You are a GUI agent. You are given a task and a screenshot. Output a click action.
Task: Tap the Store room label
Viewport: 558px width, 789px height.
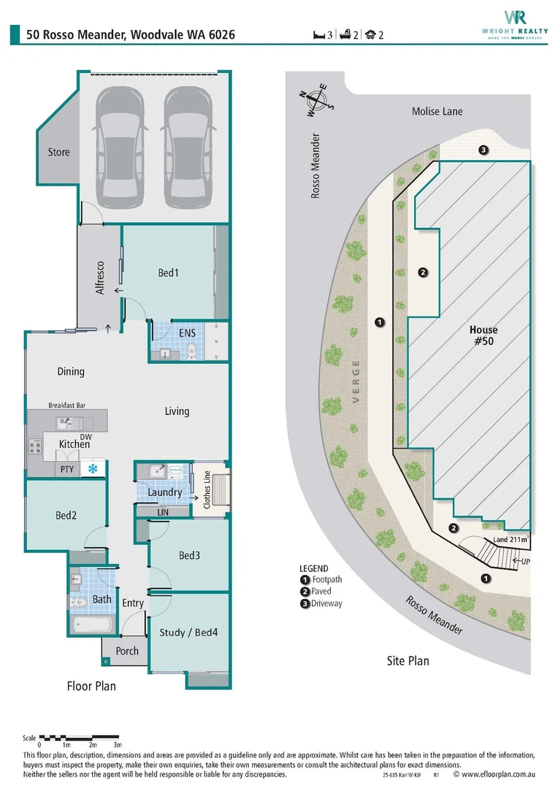[59, 152]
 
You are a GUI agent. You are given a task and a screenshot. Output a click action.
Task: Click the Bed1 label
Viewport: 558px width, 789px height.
[168, 272]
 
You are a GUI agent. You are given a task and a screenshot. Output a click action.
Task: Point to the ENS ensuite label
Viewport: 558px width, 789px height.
[187, 332]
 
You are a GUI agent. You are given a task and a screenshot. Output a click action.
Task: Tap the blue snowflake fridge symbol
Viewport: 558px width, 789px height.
[92, 468]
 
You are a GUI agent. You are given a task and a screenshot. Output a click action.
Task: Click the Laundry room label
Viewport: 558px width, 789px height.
[164, 492]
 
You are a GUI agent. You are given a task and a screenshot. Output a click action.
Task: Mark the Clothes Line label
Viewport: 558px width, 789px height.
[207, 489]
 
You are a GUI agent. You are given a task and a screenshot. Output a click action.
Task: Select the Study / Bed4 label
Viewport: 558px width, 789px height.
[188, 632]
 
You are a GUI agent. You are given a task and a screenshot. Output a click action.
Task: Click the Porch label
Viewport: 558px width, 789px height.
[127, 650]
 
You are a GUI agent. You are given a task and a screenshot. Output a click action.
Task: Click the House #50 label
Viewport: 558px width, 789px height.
[484, 335]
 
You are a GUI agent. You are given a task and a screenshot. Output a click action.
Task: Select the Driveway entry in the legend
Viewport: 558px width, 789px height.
[321, 603]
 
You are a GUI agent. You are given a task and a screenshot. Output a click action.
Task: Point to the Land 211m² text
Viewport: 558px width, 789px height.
[511, 540]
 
